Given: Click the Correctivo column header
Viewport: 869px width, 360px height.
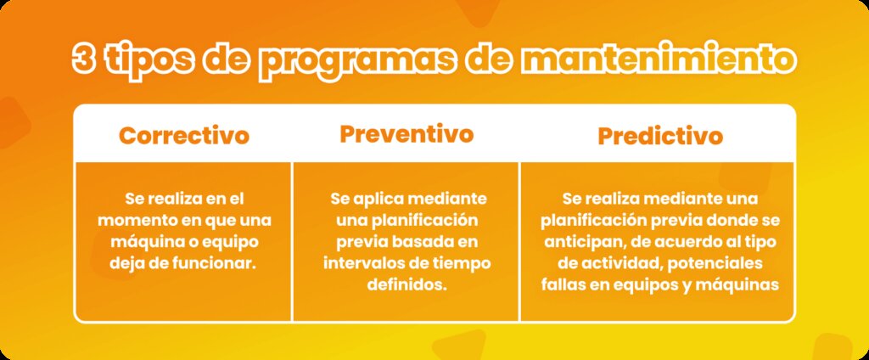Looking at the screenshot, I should pyautogui.click(x=184, y=136).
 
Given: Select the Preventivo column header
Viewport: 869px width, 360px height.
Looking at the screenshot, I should pyautogui.click(x=406, y=134).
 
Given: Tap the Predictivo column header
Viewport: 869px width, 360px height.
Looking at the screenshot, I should pyautogui.click(x=660, y=136).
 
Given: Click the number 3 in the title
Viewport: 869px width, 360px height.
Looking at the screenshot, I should pyautogui.click(x=84, y=61).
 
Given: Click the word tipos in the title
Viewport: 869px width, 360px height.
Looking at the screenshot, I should pyautogui.click(x=158, y=61).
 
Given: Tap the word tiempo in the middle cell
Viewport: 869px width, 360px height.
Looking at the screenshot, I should pyautogui.click(x=465, y=263).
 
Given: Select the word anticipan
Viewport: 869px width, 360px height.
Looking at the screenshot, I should pyautogui.click(x=578, y=241).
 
